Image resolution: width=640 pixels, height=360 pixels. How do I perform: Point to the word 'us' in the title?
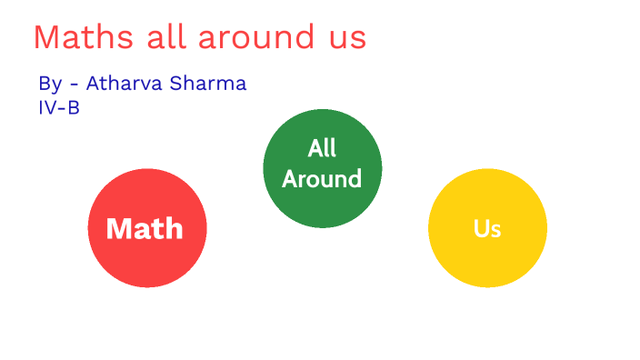click(345, 39)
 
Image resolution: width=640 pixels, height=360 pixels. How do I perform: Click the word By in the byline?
click(50, 84)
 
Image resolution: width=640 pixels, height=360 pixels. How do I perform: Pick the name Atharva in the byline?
click(123, 83)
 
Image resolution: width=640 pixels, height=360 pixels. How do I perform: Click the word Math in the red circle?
click(145, 228)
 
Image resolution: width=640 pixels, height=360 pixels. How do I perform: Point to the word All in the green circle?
click(322, 148)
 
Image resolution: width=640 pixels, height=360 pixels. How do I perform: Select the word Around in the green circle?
click(322, 179)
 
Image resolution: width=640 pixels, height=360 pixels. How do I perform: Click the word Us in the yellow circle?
click(487, 228)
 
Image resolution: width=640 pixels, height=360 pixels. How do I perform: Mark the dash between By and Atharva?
click(74, 85)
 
